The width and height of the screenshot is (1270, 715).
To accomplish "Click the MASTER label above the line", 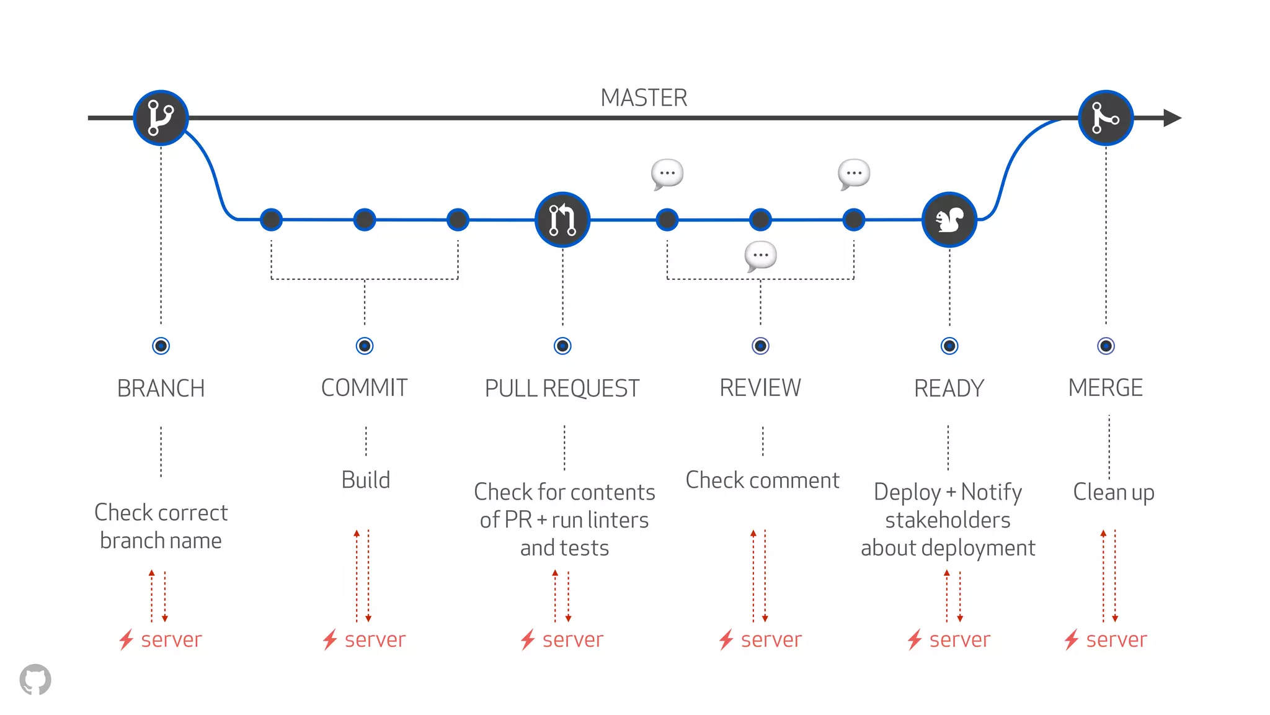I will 644,98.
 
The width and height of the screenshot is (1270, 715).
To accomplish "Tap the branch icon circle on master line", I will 161,118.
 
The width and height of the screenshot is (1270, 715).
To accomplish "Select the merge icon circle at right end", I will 1106,118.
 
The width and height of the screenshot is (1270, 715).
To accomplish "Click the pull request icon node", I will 562,220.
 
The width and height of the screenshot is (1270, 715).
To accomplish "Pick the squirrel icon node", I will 949,220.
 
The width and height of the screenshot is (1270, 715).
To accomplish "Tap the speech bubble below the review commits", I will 760,256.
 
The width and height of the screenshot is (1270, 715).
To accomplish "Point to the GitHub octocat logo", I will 35,680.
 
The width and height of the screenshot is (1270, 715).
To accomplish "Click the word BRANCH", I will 161,389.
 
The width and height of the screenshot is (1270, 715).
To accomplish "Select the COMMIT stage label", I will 365,388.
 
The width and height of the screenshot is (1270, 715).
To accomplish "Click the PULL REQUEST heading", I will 562,389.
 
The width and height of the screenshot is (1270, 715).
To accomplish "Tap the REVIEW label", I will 760,388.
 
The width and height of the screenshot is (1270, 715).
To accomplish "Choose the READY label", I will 949,389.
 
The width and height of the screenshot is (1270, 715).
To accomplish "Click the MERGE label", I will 1105,388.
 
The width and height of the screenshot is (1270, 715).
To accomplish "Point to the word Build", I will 366,480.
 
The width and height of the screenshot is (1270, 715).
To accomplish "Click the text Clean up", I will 1114,492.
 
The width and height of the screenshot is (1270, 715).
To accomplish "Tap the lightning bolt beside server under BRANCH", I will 127,639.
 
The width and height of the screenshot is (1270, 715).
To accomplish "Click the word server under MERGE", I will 1116,640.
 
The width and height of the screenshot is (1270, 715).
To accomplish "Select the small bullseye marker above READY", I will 949,346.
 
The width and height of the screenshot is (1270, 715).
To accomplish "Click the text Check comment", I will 762,480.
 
